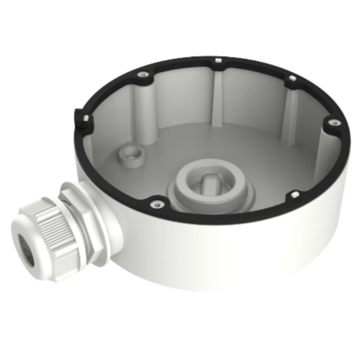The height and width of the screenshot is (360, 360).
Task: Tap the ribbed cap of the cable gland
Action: [x=49, y=234]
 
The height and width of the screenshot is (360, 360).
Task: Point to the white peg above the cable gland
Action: [x=84, y=119]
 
